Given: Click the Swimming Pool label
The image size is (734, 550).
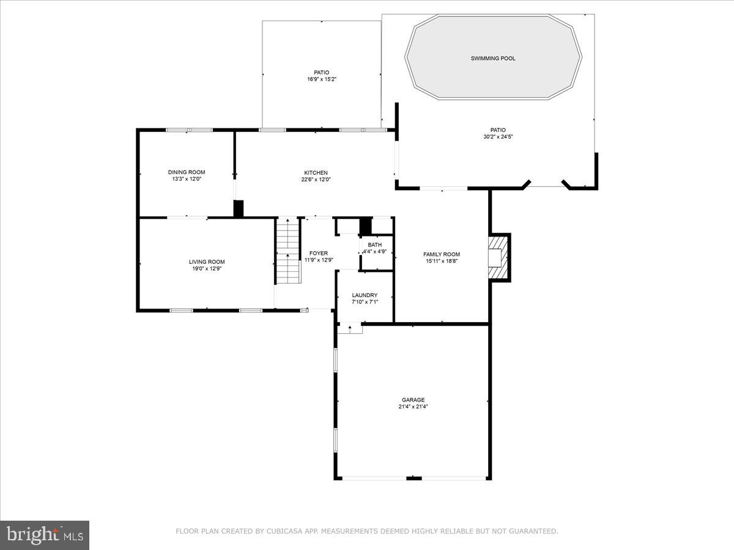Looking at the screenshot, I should (493, 59).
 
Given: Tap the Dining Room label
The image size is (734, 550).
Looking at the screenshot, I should (187, 172).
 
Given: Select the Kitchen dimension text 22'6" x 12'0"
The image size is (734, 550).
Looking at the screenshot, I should (316, 180).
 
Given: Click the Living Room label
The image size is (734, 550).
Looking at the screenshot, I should (207, 262).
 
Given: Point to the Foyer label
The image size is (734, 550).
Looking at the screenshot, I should (318, 253).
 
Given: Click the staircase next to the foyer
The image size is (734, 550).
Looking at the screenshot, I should (287, 251).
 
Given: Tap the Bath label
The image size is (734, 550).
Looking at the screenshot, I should (374, 244).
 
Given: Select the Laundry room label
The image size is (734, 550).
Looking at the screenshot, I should (365, 295).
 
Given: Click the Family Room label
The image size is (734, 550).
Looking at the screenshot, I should (442, 254).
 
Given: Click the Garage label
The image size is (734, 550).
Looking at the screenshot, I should (413, 400).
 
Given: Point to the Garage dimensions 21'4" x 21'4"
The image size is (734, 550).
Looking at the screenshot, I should (413, 407).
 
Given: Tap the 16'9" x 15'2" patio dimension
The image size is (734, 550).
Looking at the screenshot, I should (322, 79).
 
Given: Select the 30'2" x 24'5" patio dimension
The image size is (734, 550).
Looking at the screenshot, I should (498, 137).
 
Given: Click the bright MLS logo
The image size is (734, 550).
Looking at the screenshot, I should (45, 535).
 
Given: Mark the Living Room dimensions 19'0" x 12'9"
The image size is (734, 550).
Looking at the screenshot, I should (207, 269).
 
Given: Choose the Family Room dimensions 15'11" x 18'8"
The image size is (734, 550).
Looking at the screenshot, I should (442, 262).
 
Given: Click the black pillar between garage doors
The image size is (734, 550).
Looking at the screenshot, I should (414, 478).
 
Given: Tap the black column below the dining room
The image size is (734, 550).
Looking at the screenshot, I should (239, 208).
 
